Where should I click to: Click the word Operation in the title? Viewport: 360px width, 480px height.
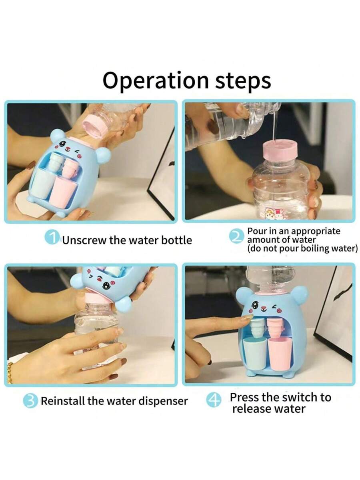tap(156, 80)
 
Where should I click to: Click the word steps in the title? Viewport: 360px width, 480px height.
tap(243, 81)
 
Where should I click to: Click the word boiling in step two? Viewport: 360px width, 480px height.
tap(314, 249)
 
